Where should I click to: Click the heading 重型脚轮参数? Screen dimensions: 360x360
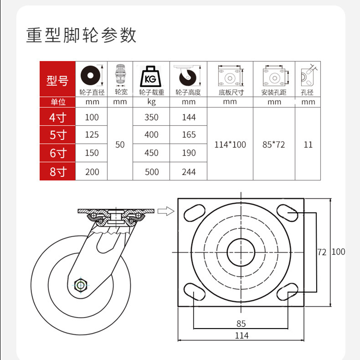[81, 35]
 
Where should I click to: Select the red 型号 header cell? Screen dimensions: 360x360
[57, 81]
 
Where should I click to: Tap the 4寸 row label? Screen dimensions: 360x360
[57, 118]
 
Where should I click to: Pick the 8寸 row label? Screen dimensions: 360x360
[57, 172]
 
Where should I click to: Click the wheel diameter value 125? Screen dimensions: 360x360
[92, 135]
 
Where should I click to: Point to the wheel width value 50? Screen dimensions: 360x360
[120, 144]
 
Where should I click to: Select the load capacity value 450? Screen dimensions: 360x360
[151, 153]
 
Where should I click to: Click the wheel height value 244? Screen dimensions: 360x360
[189, 172]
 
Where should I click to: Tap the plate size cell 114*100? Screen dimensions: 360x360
[230, 144]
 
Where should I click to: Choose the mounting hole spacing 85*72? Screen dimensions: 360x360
[274, 144]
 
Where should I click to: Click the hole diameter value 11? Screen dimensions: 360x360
[308, 144]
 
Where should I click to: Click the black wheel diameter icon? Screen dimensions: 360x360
[91, 75]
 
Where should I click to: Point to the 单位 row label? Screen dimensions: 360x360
[57, 102]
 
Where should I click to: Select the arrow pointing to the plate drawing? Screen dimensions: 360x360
[167, 211]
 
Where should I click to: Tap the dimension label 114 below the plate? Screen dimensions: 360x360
[242, 335]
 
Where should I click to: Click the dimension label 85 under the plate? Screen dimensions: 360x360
[242, 324]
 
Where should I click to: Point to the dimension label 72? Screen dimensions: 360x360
[322, 252]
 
